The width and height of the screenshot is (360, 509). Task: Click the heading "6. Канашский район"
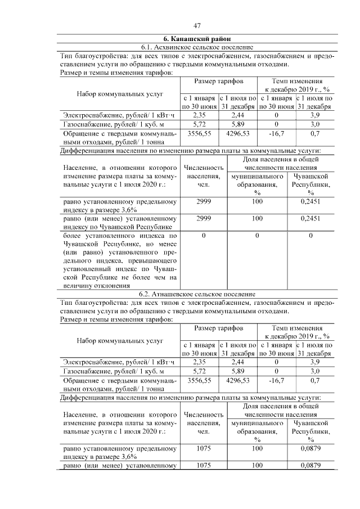click(197, 39)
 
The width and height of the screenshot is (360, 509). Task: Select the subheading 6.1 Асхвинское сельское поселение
click(197, 47)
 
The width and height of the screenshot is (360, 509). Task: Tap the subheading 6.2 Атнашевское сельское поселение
click(197, 294)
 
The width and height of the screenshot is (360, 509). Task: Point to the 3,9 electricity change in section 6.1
click(314, 115)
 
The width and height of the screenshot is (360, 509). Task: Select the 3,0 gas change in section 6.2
click(314, 371)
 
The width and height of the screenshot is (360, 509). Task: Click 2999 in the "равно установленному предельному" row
click(204, 201)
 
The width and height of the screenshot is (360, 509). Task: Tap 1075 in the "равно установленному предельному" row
click(204, 448)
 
